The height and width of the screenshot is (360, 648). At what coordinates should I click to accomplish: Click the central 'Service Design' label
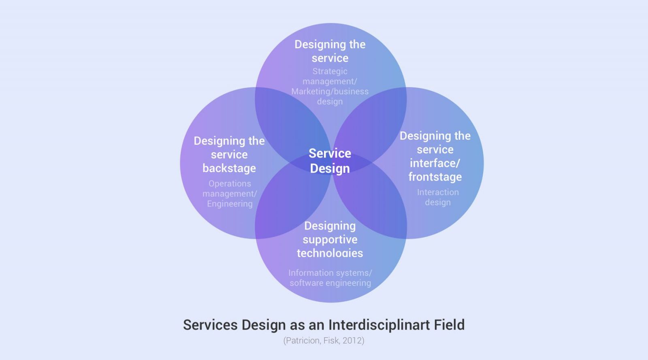(x=330, y=160)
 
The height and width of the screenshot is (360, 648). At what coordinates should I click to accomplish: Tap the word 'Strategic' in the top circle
(x=330, y=71)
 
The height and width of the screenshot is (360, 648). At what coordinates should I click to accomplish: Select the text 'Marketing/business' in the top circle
(x=330, y=92)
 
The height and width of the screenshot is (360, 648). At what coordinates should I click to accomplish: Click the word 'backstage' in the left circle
(x=229, y=168)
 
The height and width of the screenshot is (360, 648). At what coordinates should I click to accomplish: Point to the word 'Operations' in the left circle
(x=230, y=183)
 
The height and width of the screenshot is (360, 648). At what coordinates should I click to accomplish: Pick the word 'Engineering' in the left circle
(x=230, y=204)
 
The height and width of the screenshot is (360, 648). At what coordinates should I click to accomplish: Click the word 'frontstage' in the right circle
(x=435, y=177)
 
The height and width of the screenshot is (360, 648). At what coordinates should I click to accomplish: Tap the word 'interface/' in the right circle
(x=435, y=163)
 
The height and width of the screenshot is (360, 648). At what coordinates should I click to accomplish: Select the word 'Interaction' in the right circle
(x=438, y=192)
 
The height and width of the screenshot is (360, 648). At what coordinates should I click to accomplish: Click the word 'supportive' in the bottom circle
(x=330, y=240)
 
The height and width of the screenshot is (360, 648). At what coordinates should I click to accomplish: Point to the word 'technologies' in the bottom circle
(x=330, y=253)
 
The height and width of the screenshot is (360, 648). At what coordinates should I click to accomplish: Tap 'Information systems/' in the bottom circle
(x=330, y=273)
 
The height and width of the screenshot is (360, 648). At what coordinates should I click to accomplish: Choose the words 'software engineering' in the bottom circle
(x=330, y=283)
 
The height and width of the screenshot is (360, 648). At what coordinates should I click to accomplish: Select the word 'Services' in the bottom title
(x=210, y=325)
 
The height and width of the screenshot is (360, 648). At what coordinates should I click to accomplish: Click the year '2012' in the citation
(x=352, y=341)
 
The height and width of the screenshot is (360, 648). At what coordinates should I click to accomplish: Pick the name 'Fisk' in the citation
(x=331, y=341)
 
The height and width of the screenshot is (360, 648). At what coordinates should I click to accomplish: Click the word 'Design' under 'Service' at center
(x=330, y=168)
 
